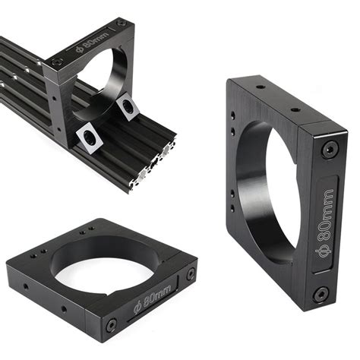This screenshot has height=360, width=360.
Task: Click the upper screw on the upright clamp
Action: point(327,150)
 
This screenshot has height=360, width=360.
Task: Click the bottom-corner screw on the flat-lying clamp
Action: point(112,324)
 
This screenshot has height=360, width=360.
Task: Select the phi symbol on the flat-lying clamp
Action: point(138,308)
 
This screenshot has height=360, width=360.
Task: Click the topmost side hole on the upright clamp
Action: point(233,115)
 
